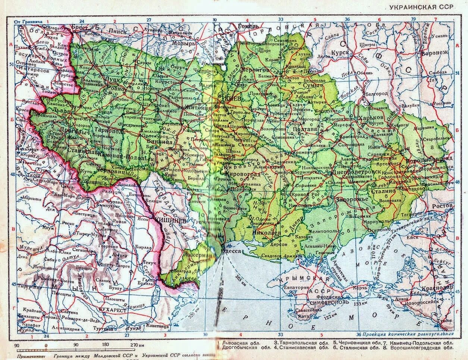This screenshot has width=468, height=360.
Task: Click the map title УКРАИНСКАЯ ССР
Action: [421, 7]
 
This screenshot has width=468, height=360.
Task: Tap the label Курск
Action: [342, 53]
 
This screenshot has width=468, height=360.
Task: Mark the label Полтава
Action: [305, 129]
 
